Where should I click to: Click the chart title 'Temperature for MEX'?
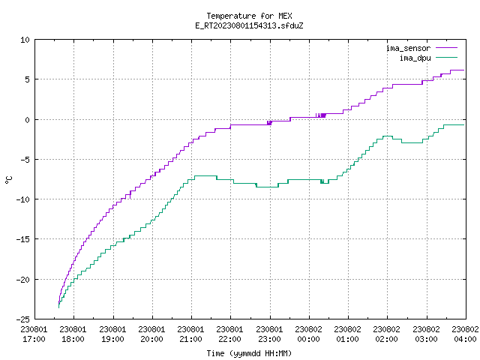click(249, 16)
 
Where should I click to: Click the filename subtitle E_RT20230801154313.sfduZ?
click(249, 25)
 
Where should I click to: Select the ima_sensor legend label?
click(408, 48)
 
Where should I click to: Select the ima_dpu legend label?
click(415, 58)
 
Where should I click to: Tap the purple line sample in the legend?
click(446, 48)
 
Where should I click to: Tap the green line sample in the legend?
click(446, 57)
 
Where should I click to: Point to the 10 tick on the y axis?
click(25, 40)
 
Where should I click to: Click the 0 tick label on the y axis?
click(28, 120)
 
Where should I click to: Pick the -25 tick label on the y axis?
click(23, 319)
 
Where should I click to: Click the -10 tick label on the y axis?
click(23, 199)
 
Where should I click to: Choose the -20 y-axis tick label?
click(23, 280)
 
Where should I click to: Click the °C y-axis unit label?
click(8, 180)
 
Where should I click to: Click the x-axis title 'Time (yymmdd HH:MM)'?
click(249, 353)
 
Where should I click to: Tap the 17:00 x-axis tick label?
click(34, 339)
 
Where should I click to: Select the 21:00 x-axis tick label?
click(190, 339)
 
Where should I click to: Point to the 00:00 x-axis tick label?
click(308, 339)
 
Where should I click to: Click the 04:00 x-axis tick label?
click(465, 339)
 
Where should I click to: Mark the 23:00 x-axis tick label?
click(269, 339)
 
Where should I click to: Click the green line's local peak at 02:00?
click(388, 136)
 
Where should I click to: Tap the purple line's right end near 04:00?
click(464, 70)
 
